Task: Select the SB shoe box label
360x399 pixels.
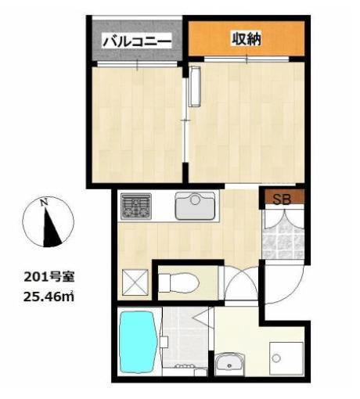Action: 282,198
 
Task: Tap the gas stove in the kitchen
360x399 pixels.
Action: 135,207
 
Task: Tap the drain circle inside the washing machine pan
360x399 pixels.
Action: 275,358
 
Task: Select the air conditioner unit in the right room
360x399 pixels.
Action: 195,85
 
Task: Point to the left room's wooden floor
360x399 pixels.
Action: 137,125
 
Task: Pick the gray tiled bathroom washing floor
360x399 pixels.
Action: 185,336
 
